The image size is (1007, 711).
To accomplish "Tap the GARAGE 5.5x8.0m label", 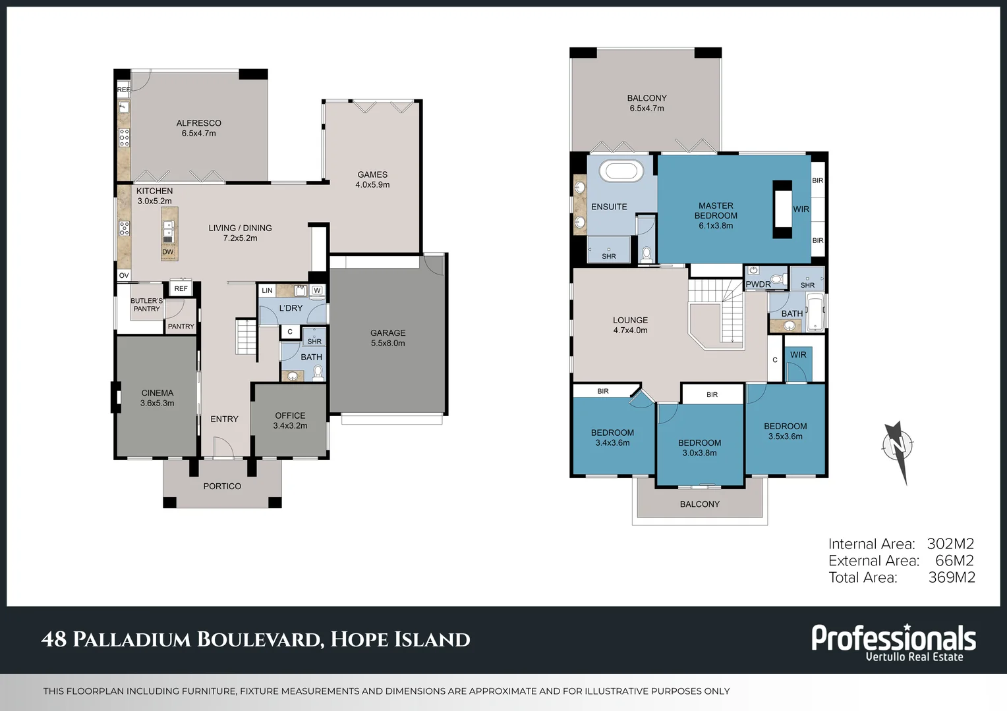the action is pyautogui.click(x=388, y=338).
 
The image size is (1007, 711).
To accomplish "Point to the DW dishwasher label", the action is pyautogui.click(x=167, y=252).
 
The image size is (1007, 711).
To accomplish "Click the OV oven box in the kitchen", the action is pyautogui.click(x=124, y=275).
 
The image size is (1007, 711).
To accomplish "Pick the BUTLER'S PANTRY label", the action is pyautogui.click(x=146, y=305).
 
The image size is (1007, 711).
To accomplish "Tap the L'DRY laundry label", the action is pyautogui.click(x=291, y=308).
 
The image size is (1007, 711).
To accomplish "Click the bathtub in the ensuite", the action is pyautogui.click(x=621, y=171).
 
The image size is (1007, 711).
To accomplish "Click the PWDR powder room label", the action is pyautogui.click(x=758, y=284).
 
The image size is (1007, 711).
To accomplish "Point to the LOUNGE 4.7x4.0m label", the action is pyautogui.click(x=630, y=325).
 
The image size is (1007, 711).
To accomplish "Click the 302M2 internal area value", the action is pyautogui.click(x=950, y=544).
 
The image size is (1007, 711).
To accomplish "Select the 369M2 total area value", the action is pyautogui.click(x=952, y=577).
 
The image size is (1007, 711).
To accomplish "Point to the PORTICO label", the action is pyautogui.click(x=222, y=486).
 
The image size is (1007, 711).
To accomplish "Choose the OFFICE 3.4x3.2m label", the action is pyautogui.click(x=290, y=421).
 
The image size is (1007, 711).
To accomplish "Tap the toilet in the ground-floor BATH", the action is pyautogui.click(x=318, y=373).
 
